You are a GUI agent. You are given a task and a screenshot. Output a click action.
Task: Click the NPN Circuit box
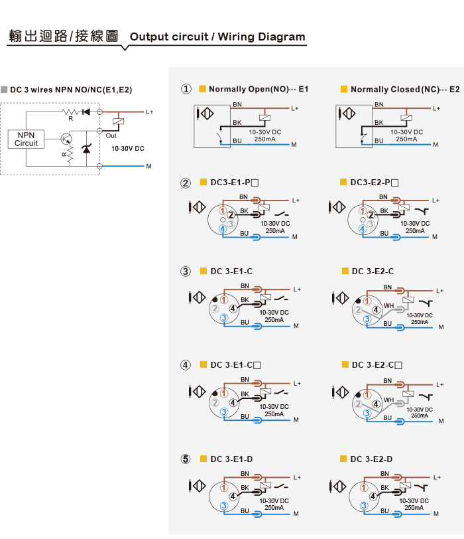[26, 139]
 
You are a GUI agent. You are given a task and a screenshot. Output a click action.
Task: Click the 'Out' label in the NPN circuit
[111, 136]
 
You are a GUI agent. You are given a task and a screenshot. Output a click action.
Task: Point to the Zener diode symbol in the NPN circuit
[86, 149]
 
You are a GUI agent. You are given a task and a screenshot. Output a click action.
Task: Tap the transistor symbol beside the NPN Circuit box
[66, 139]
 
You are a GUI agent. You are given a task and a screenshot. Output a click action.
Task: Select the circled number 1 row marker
[186, 89]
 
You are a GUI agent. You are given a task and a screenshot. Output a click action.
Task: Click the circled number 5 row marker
[186, 459]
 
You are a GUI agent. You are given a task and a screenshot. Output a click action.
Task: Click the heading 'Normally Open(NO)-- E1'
[259, 89]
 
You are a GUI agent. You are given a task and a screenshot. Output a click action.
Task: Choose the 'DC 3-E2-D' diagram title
[371, 459]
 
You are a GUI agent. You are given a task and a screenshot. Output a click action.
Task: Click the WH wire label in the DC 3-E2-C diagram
[389, 305]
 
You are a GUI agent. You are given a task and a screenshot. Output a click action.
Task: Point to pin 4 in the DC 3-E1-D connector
[233, 496]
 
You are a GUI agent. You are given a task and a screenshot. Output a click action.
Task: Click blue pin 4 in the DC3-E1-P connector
[223, 228]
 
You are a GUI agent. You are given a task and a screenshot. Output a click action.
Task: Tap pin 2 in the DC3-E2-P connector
[371, 215]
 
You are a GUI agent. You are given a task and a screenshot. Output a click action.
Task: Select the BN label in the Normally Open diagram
[237, 104]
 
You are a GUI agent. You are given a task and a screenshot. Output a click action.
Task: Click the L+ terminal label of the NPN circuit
[150, 112]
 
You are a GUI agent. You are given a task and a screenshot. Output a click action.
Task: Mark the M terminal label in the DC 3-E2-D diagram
[436, 514]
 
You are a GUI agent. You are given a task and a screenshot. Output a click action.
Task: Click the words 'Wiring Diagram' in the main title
[262, 37]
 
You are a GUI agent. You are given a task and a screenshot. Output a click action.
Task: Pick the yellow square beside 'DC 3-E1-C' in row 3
[203, 271]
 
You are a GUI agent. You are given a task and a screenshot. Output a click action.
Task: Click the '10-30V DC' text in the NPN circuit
[128, 149]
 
